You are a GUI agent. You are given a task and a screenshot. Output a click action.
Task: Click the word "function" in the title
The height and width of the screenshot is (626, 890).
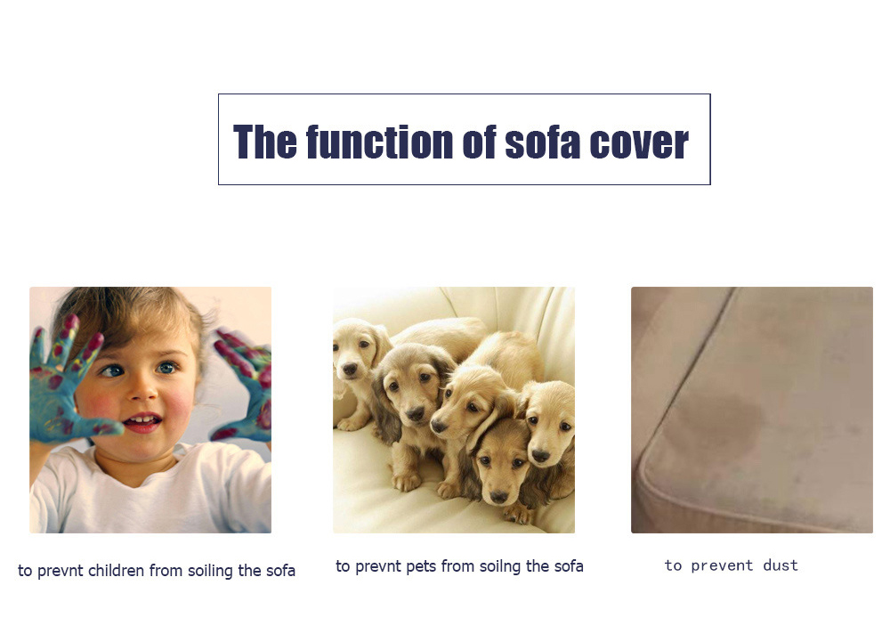pyautogui.click(x=380, y=142)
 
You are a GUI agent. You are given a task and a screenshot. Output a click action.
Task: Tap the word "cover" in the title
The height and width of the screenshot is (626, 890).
pyautogui.click(x=639, y=142)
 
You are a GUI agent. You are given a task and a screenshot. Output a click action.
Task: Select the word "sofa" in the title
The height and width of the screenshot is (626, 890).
pyautogui.click(x=542, y=142)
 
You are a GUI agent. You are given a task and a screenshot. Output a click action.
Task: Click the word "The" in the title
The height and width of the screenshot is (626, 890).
pyautogui.click(x=265, y=142)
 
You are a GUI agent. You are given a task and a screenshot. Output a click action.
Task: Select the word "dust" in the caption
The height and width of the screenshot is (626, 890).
pyautogui.click(x=781, y=565)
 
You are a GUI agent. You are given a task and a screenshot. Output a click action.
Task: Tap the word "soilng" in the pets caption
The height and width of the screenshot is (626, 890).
pyautogui.click(x=500, y=567)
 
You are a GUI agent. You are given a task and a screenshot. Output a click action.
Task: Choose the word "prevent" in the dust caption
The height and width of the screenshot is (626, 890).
pyautogui.click(x=722, y=566)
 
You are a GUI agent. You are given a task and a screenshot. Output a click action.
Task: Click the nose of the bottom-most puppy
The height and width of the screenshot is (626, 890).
pyautogui.click(x=499, y=497)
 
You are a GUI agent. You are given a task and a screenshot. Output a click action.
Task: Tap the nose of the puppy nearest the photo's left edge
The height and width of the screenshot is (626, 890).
pyautogui.click(x=350, y=370)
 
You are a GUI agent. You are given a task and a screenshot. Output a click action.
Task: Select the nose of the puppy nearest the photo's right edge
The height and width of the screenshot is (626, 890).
pyautogui.click(x=540, y=455)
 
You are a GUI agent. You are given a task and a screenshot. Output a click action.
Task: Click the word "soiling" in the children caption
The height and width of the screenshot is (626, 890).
pyautogui.click(x=210, y=571)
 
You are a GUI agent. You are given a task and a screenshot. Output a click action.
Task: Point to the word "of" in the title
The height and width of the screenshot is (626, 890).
pyautogui.click(x=479, y=142)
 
